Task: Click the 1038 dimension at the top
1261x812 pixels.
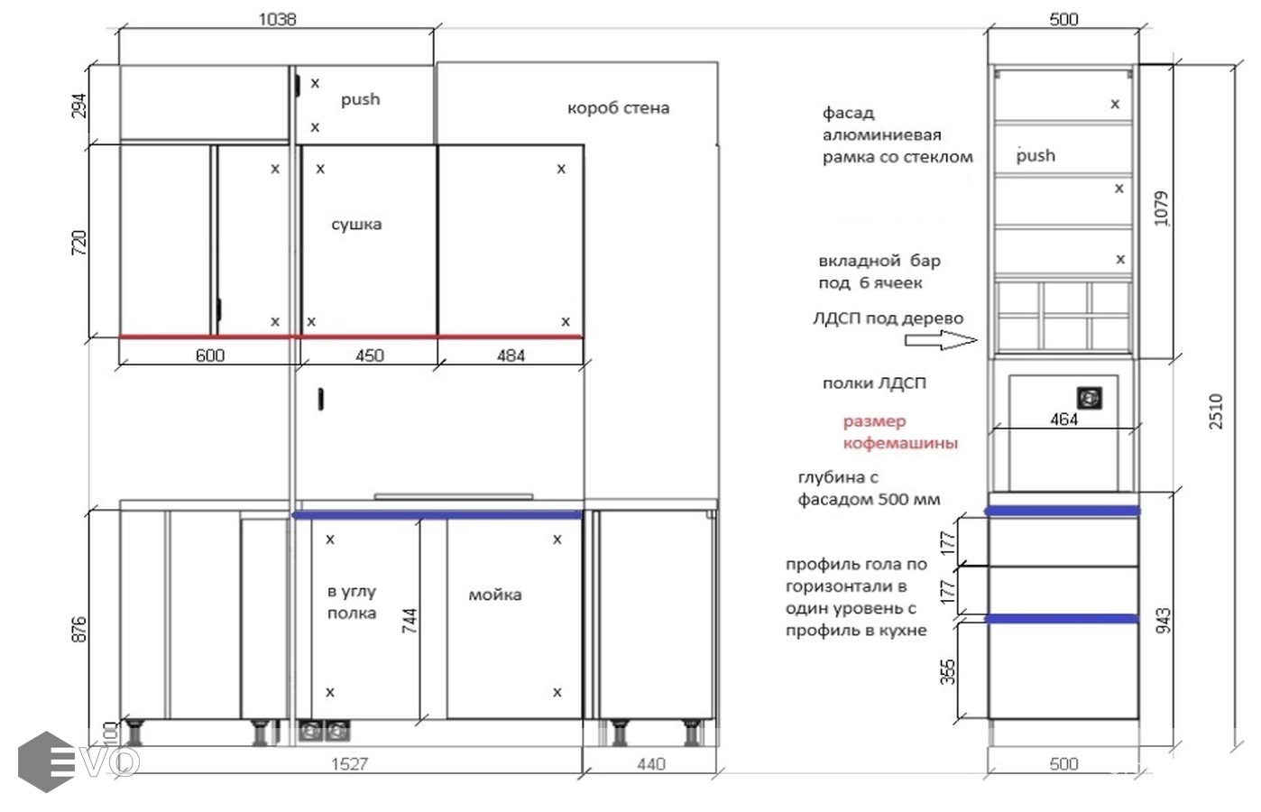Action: point(277,20)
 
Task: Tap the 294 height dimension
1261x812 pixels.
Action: point(79,106)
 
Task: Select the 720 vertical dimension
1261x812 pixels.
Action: point(79,243)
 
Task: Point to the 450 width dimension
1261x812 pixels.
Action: point(369,355)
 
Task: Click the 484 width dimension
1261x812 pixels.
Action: point(511,355)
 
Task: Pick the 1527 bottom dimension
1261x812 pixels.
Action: point(350,764)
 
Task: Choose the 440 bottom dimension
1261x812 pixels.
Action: point(651,764)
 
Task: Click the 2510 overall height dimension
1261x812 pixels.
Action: point(1216,411)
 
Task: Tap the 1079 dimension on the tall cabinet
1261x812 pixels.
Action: point(1162,208)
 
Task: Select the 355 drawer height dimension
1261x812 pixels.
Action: point(948,672)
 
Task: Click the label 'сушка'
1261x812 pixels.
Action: point(356,224)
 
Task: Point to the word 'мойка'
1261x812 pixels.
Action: point(495,595)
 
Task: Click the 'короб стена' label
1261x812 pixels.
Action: point(618,107)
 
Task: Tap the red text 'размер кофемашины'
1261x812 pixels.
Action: point(900,432)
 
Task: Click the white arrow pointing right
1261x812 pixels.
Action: point(942,340)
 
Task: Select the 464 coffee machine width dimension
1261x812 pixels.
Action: point(1064,419)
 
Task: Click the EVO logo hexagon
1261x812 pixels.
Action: point(46,761)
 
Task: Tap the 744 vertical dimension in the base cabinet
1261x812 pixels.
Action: point(410,621)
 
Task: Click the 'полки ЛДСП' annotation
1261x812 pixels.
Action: point(874,383)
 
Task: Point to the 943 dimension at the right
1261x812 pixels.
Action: point(1163,621)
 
